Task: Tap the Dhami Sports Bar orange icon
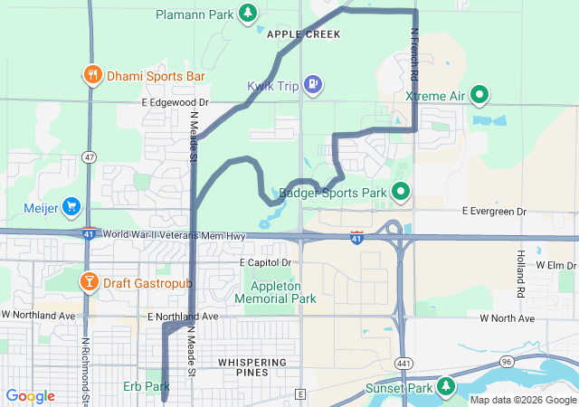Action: click(91, 76)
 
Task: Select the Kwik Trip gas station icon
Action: click(311, 85)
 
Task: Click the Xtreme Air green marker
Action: click(479, 95)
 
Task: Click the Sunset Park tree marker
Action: click(445, 388)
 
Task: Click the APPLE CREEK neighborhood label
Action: click(304, 34)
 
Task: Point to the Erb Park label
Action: click(140, 386)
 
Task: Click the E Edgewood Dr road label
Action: click(175, 103)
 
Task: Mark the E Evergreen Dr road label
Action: click(494, 211)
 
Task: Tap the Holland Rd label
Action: click(521, 274)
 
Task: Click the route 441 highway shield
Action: click(400, 362)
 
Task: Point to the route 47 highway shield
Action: click(88, 156)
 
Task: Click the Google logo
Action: click(31, 396)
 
